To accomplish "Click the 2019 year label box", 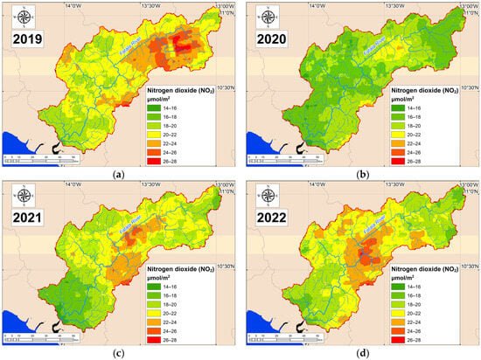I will pos(26,38).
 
